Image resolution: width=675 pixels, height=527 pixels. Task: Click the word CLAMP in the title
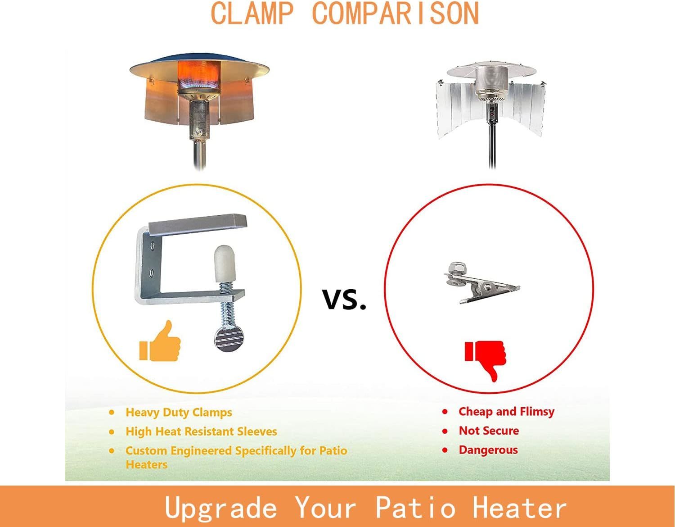tap(252, 14)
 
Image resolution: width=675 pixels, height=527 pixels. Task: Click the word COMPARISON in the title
tap(396, 14)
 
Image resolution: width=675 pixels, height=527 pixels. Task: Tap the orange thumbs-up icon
tap(160, 341)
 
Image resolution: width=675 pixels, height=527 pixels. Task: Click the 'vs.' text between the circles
tap(344, 299)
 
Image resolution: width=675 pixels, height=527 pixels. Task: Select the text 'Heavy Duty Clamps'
tap(179, 413)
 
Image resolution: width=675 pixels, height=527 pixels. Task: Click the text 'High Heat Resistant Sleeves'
tap(201, 432)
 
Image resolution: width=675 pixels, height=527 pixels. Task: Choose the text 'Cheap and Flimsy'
tap(506, 412)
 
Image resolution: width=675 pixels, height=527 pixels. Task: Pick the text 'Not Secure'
tap(489, 431)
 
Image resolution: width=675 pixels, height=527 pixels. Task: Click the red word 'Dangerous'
tap(488, 450)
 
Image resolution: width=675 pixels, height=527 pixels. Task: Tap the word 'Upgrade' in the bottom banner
tap(220, 508)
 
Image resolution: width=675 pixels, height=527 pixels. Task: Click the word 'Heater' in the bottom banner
tap(519, 506)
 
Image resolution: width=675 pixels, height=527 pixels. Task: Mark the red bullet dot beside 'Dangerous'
tap(445, 450)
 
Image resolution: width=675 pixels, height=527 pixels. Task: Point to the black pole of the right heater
tap(492, 146)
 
